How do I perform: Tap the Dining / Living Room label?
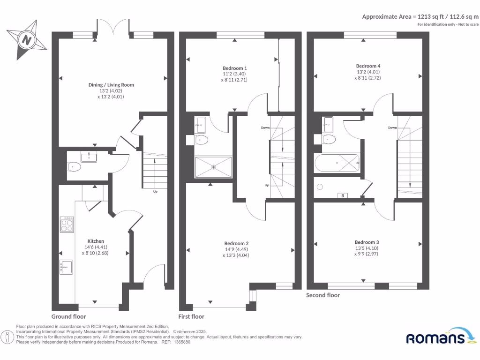coord(111,85)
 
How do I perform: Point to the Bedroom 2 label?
coord(236,243)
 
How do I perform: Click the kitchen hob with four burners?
coord(67,225)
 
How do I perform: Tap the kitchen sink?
coord(65,266)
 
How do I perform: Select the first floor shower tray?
coord(214,166)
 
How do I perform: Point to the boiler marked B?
coord(343,195)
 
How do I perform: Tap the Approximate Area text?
coord(420,16)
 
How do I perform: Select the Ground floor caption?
coord(68,316)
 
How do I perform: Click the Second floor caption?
coord(323,295)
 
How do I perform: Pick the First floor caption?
coord(191,316)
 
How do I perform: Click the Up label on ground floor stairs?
coord(155,192)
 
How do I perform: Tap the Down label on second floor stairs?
coord(392,127)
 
